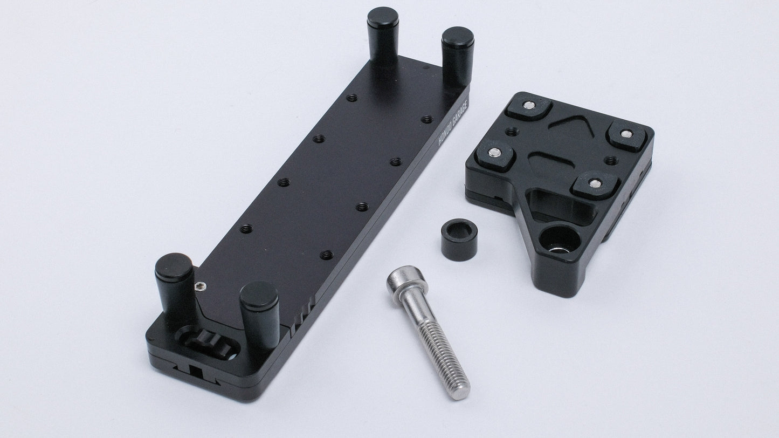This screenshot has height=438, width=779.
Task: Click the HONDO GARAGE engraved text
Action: pos(453,122)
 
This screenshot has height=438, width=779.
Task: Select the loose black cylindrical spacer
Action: pos(459,239)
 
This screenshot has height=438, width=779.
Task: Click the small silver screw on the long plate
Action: pos(201,286)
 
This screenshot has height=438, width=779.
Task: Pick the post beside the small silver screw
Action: pos(175,289)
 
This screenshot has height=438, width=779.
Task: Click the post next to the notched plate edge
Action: pos(260,315)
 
